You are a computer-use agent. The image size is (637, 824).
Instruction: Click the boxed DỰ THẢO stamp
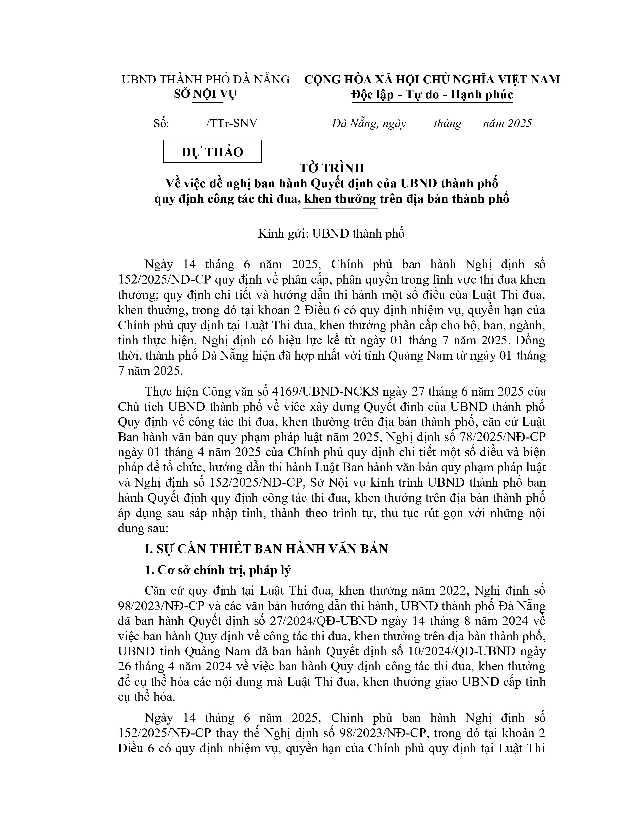[x=212, y=152]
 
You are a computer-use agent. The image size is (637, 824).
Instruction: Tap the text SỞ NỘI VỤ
[x=205, y=94]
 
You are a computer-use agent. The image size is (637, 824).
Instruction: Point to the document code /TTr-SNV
[x=232, y=123]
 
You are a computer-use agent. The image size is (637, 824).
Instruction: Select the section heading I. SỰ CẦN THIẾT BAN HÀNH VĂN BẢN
[x=267, y=549]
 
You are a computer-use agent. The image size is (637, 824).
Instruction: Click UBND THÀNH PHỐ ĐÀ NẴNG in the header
[x=205, y=80]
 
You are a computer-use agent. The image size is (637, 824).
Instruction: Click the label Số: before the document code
[x=161, y=123]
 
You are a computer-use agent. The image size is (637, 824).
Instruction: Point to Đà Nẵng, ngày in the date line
[x=369, y=123]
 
